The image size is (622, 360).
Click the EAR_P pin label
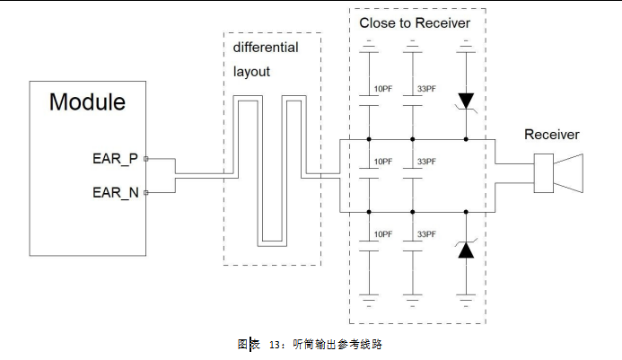115,159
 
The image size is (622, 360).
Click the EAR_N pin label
115,192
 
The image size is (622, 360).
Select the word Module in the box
87,101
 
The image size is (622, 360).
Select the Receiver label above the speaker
552,135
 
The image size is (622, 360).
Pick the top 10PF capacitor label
383,89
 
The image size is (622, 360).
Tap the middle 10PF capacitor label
383,162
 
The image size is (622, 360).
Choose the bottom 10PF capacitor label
383,234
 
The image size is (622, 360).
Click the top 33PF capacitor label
427,89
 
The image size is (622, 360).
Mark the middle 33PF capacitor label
427,162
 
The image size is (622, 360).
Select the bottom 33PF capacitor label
427,234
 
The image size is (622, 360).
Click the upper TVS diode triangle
465,100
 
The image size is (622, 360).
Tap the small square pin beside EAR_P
145,159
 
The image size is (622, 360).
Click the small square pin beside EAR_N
145,192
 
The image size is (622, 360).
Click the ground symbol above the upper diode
465,43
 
